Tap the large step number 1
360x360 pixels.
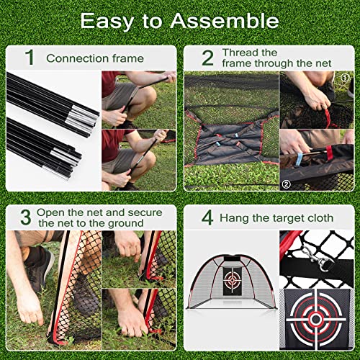29,58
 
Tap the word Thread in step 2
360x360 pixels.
240,53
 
